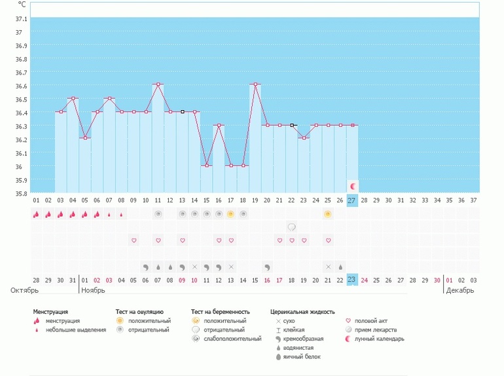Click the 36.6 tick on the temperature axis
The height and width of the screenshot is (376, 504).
coord(20,86)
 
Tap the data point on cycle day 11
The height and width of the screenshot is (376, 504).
coord(158,85)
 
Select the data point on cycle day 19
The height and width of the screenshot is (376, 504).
coord(255,85)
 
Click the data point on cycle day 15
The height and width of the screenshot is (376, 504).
coord(207,166)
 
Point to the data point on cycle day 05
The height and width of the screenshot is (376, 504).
coord(85,138)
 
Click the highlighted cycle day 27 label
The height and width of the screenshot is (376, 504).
coord(352,200)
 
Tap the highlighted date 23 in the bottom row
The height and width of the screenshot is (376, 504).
coord(352,280)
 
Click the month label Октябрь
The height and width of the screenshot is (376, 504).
coord(24,290)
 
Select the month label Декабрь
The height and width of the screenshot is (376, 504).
coord(459,290)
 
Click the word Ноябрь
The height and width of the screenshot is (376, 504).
coord(93,290)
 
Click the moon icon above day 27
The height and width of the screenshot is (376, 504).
coord(353,186)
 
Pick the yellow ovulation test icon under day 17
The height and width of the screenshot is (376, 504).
coord(231,214)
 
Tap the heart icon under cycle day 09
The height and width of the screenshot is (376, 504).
coord(134,240)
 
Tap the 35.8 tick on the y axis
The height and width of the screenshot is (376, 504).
coord(20,193)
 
